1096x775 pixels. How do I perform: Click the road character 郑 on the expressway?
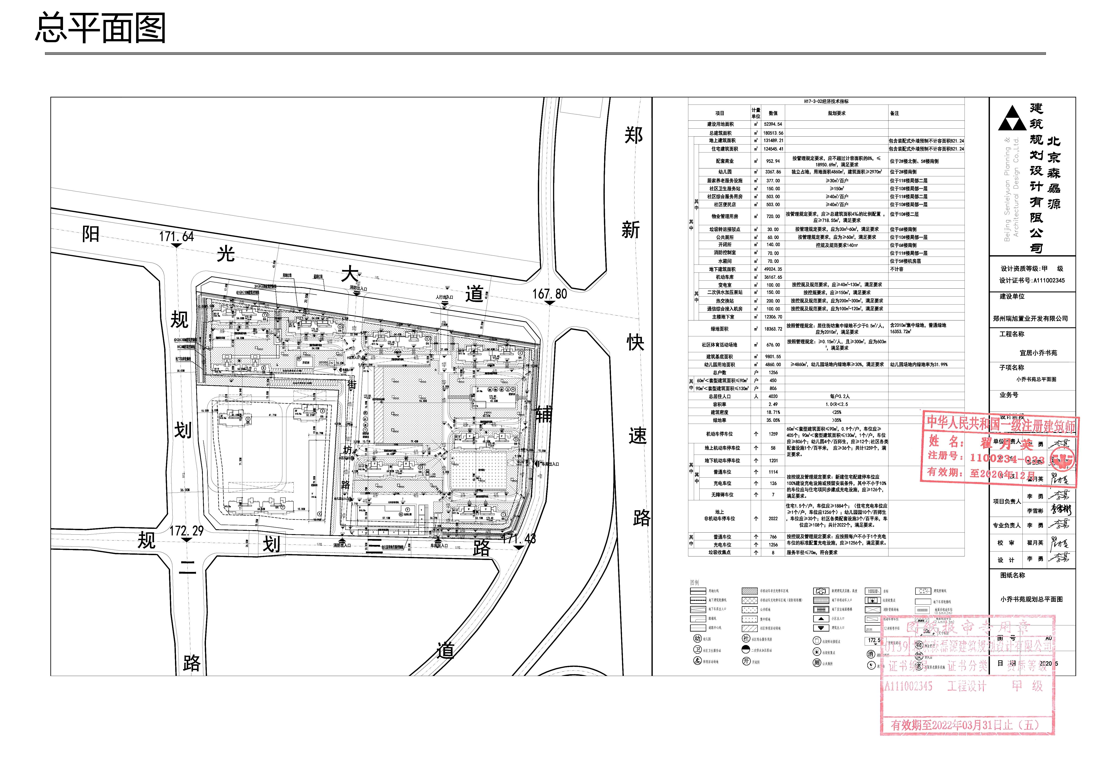click(634, 135)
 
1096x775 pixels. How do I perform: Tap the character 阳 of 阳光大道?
click(91, 234)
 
